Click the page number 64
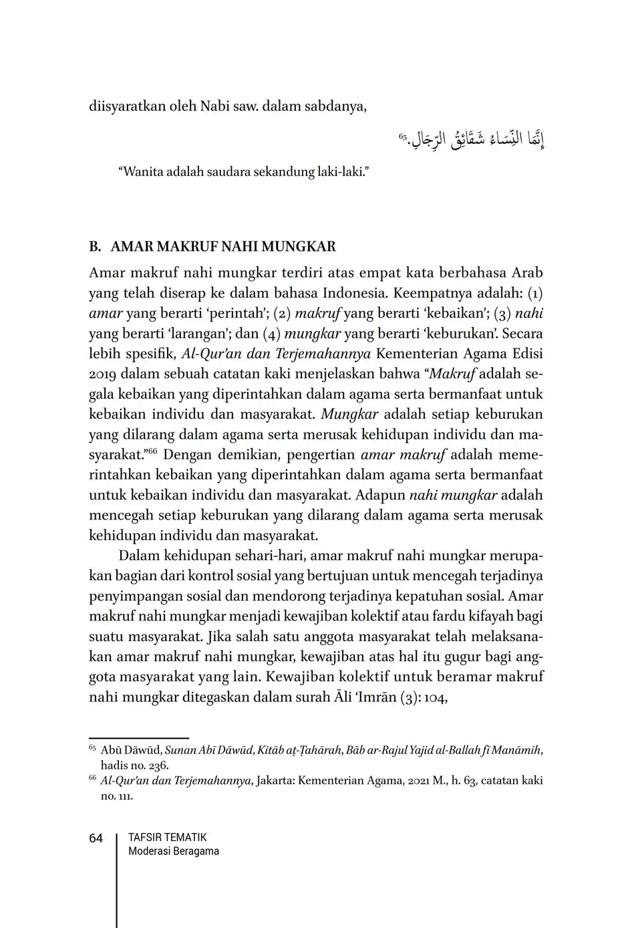point(96,838)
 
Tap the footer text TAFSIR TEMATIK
point(168,837)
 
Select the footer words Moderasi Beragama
point(174,851)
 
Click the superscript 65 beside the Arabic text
point(403,136)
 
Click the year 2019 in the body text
point(103,374)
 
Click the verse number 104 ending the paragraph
point(432,697)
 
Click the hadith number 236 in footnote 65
point(158,766)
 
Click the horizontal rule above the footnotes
point(139,738)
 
